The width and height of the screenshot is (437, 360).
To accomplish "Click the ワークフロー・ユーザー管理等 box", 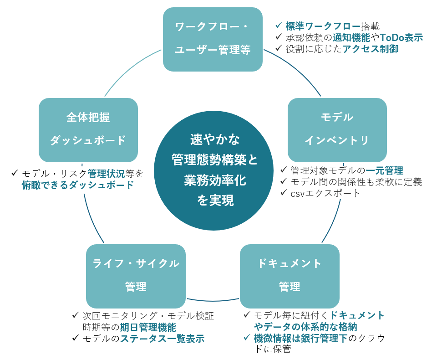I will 213,39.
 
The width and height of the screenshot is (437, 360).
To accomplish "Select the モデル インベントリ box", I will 337,129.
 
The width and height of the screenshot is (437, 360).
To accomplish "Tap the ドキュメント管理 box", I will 289,276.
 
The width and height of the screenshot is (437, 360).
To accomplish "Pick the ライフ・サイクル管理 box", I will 136,276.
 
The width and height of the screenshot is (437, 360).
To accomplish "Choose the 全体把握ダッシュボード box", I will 88,129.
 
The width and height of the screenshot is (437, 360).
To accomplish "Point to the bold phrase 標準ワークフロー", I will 323,26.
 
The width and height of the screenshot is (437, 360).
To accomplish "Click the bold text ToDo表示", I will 401,37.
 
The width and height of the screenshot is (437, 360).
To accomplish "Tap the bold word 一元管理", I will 384,170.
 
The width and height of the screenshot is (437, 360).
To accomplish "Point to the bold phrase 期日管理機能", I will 147,327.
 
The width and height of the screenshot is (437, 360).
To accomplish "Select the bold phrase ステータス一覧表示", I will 162,339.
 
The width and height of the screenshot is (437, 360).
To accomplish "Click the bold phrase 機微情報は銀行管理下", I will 300,338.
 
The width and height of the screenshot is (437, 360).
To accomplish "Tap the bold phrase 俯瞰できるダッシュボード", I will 78,185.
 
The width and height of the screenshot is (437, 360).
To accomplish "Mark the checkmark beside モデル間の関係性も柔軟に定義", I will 284,182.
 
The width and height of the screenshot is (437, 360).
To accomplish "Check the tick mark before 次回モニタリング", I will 76,316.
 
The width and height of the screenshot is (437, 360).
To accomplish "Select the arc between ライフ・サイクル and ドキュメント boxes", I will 213,300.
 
